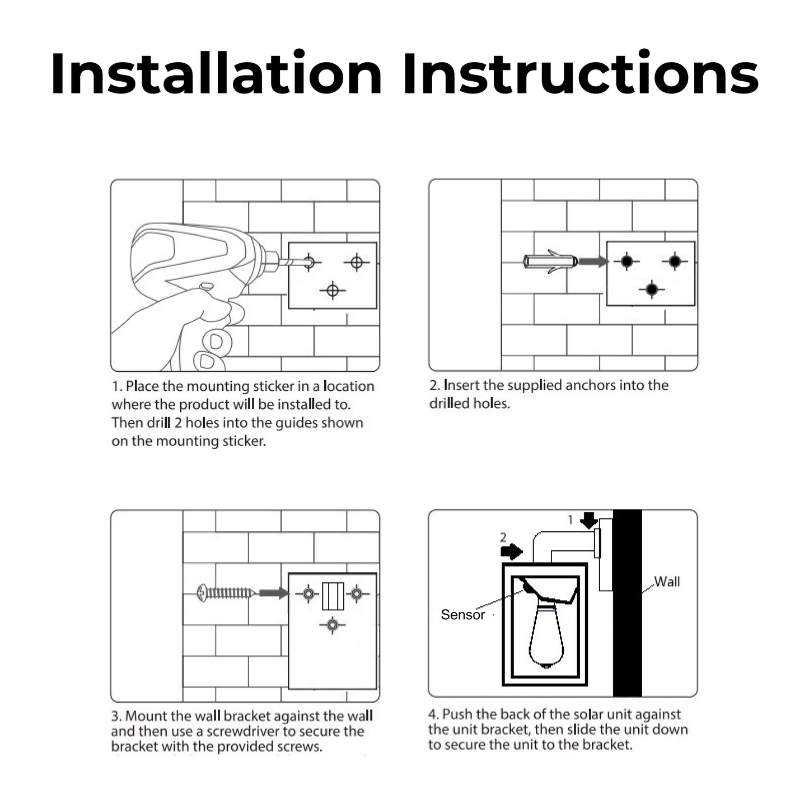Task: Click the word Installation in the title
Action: click(216, 74)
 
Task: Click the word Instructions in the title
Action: click(580, 74)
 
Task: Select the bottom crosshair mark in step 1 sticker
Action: click(333, 291)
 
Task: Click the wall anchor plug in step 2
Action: click(550, 261)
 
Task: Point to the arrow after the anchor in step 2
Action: click(593, 261)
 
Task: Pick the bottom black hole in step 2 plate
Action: click(652, 289)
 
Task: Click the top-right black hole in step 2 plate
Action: click(675, 261)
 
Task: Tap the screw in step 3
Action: click(226, 592)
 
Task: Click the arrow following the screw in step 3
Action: click(274, 593)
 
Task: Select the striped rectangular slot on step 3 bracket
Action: click(333, 596)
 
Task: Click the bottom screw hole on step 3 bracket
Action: click(333, 624)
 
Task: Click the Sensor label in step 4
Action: click(462, 615)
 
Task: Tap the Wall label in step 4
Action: click(667, 582)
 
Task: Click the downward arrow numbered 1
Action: click(589, 520)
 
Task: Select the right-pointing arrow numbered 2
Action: click(511, 551)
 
